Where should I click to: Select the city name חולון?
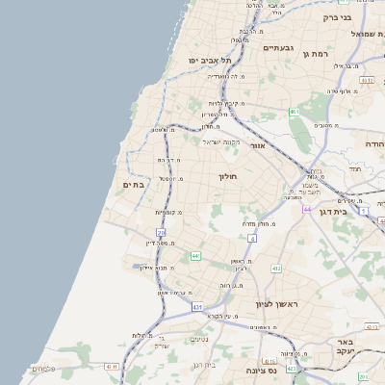coord(228,177)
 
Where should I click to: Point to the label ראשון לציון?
coord(277,305)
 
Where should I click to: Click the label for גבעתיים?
coord(278,47)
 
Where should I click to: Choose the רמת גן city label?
coord(315,55)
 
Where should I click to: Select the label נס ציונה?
coord(261,370)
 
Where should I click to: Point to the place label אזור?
coord(257,145)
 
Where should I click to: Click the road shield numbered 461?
coord(294,113)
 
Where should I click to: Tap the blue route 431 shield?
coord(196,307)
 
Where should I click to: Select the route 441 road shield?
coord(195,256)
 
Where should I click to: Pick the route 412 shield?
coord(275,269)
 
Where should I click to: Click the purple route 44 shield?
coord(306,209)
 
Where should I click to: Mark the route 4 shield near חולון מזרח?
coord(252,237)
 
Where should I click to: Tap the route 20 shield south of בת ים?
coord(161,232)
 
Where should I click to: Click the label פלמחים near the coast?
coord(44,369)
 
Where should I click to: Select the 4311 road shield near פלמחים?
coord(112,366)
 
